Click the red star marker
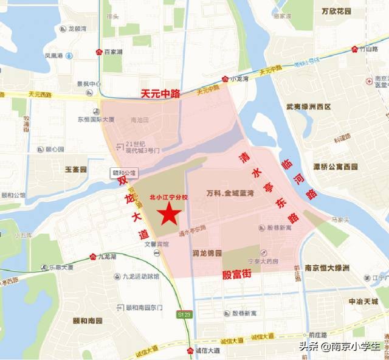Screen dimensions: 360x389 pyautogui.click(x=169, y=214)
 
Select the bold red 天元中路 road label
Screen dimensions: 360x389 pyautogui.click(x=161, y=94)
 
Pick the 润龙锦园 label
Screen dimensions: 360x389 pyautogui.click(x=207, y=252)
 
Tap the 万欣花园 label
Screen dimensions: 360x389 pyautogui.click(x=337, y=12)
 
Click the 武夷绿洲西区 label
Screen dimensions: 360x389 pyautogui.click(x=309, y=107)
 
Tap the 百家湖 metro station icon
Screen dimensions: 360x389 pyautogui.click(x=99, y=52)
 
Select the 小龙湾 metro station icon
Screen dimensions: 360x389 pyautogui.click(x=225, y=78)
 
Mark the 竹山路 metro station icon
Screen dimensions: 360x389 pyautogui.click(x=354, y=49)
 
